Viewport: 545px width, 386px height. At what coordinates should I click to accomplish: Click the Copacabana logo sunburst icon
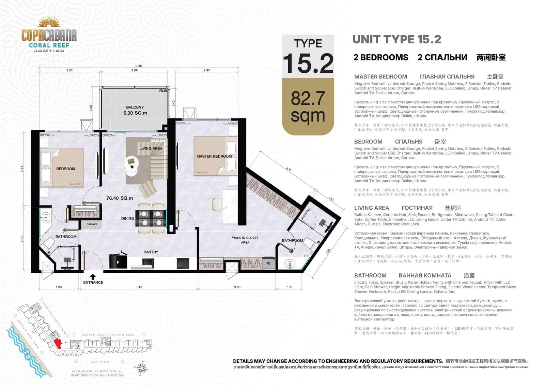(x=49, y=23)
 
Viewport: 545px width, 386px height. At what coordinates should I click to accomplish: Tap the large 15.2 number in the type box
(x=308, y=63)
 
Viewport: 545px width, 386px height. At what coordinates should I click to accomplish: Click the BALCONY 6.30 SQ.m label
(x=135, y=110)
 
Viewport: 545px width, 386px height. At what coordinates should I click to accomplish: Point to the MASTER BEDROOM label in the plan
(x=214, y=156)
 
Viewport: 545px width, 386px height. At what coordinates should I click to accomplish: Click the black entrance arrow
(x=93, y=276)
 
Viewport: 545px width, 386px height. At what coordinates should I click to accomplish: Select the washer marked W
(x=269, y=263)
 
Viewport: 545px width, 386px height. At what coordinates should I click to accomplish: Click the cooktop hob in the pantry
(x=183, y=263)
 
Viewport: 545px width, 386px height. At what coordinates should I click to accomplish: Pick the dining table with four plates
(x=151, y=218)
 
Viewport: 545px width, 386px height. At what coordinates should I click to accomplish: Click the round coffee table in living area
(x=131, y=162)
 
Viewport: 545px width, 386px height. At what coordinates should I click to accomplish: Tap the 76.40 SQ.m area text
(x=120, y=198)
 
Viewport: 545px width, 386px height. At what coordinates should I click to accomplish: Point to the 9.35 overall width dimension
(x=138, y=66)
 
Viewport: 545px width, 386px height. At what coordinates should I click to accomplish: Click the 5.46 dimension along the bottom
(x=139, y=287)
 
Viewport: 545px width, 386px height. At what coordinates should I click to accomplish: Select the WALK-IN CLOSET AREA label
(x=245, y=240)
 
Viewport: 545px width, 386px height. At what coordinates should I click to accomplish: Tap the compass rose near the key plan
(x=142, y=368)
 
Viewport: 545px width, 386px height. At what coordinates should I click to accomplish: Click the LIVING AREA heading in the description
(x=371, y=208)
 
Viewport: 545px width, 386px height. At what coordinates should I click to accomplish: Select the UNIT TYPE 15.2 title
(x=396, y=40)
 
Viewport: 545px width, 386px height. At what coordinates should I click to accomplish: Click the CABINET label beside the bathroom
(x=92, y=224)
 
